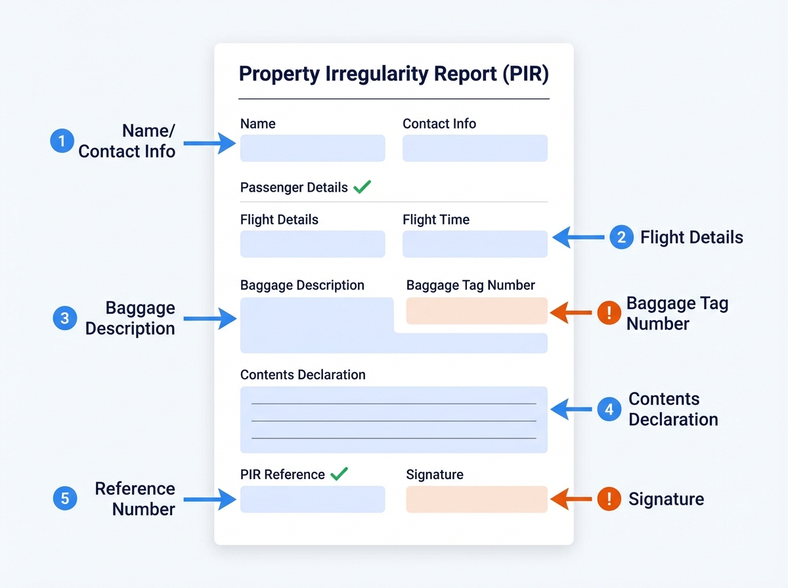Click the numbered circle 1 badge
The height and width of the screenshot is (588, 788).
(x=62, y=141)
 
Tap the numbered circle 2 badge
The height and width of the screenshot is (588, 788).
(x=621, y=237)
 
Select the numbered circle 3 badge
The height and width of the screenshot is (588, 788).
(x=64, y=319)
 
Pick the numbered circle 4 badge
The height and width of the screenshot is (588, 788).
(x=609, y=409)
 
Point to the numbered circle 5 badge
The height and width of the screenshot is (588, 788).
(x=64, y=499)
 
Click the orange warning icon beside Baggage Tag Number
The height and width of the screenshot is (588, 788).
(x=609, y=313)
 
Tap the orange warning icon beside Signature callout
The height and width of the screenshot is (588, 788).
(x=609, y=499)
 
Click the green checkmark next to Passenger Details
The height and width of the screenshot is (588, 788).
(x=362, y=187)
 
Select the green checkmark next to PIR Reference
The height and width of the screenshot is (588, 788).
(x=339, y=474)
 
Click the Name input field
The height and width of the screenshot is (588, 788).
(x=313, y=148)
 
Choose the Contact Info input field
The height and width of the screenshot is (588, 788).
(x=475, y=148)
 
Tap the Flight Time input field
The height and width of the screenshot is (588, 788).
(x=475, y=244)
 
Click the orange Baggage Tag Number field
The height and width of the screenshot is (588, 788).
(x=477, y=310)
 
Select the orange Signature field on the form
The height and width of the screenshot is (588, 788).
(x=477, y=499)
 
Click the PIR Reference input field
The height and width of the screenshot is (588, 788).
(x=313, y=499)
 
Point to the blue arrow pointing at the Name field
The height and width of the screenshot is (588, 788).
(x=209, y=143)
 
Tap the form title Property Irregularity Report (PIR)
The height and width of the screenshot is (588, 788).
(x=393, y=73)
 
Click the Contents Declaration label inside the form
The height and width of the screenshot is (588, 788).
(x=303, y=375)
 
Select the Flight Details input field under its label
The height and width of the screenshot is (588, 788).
(x=313, y=244)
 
